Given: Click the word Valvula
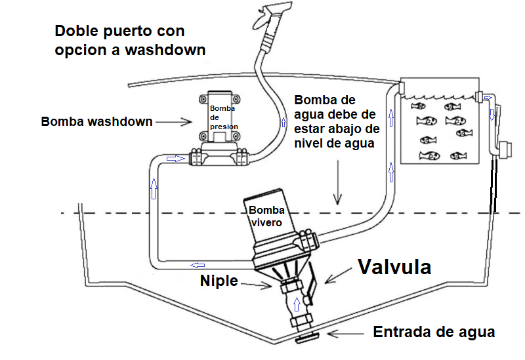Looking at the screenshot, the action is pos(394,267).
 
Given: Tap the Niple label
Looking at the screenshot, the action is pos(219,281).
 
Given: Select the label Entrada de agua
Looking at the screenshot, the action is pos(434,332).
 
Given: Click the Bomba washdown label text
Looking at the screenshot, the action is pos(96,121).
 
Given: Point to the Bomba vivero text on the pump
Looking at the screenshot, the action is pos(266,216).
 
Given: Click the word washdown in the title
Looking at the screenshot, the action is pos(165,50).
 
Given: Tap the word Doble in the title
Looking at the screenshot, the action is pos(76,31).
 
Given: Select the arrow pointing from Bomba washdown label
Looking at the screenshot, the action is pos(173,122).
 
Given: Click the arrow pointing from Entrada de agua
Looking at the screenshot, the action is pos(346,334).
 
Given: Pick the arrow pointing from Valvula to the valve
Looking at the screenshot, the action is pos(338,275).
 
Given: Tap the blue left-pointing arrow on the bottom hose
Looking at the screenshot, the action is pos(198,266).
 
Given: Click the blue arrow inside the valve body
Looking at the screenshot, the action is pos(297,304).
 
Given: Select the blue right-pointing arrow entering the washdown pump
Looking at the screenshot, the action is pos(175,158).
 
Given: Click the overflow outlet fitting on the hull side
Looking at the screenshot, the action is pos(505,150).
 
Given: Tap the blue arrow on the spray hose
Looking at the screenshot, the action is pos(283,122).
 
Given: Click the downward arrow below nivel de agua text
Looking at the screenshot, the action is pos(337,182).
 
